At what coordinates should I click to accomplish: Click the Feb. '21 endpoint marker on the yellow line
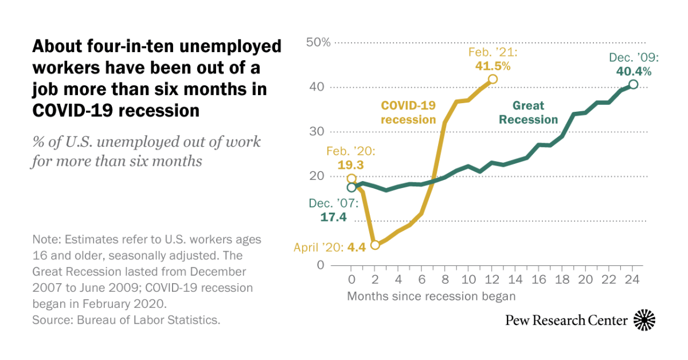pos(492,80)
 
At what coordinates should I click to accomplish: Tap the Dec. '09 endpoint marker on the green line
pos(633,84)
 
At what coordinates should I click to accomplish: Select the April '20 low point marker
pos(375,245)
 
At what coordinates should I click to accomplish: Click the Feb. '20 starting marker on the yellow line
pos(351,179)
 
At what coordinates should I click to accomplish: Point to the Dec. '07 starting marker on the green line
pos(351,187)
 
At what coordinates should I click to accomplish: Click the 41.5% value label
pos(492,65)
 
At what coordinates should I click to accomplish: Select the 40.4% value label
pos(633,72)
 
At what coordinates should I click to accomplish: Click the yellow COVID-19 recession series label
pos(408,112)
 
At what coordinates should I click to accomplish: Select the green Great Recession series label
pos(528,112)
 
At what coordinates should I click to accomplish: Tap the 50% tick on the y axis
pos(318,42)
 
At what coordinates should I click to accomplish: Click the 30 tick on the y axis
pos(318,132)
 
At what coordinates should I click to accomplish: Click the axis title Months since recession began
pos(431,296)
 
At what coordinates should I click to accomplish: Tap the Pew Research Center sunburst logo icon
pos(644,319)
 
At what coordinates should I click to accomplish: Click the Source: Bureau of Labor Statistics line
pos(126,320)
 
